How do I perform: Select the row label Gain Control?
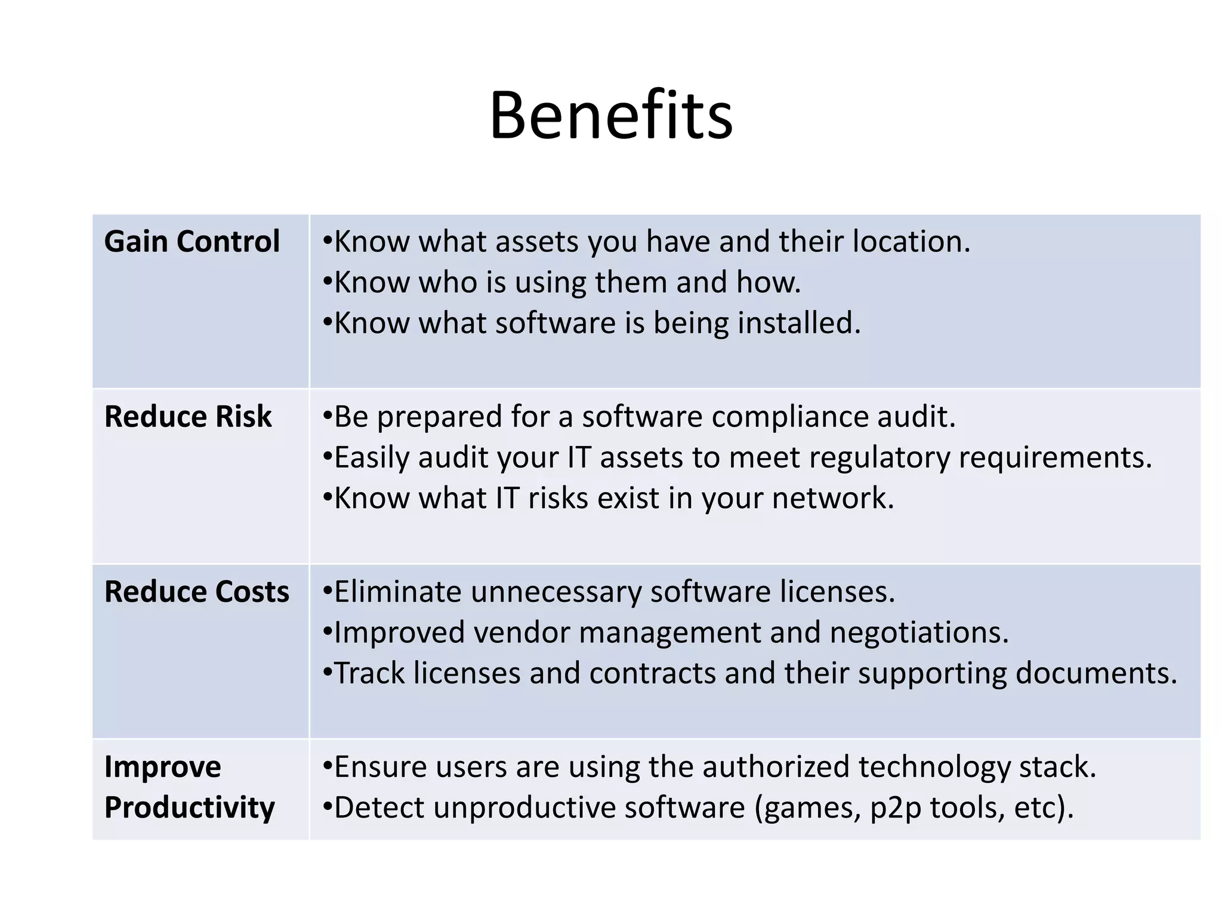(x=192, y=242)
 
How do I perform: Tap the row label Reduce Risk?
(x=188, y=416)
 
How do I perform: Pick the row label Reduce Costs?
(x=196, y=592)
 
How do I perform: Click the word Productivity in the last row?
(x=190, y=807)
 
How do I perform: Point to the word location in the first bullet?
(x=911, y=242)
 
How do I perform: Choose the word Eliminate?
(x=397, y=592)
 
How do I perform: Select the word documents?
(x=1096, y=673)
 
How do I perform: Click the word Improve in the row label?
(x=162, y=767)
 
